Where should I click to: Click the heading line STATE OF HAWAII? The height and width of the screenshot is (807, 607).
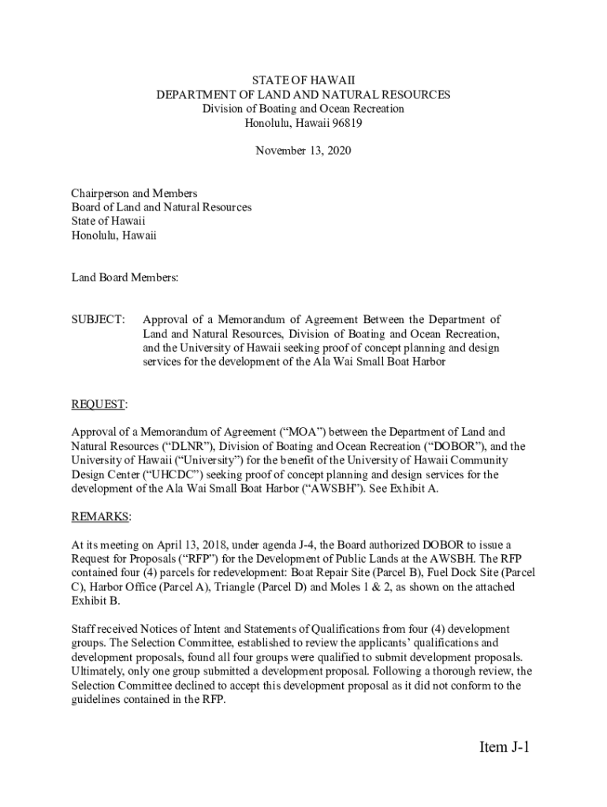coord(303,80)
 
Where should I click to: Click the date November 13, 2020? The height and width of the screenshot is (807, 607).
coord(303,151)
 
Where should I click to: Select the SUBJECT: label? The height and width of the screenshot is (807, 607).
coord(98,319)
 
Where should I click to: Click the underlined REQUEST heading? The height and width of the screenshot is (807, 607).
coord(98,404)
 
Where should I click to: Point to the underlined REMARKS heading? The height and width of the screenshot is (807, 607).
coord(100,516)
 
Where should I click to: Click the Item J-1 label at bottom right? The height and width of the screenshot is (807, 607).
coord(503,747)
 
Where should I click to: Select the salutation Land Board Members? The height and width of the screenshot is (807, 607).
coord(125,277)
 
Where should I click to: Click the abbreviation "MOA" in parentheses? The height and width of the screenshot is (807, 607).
coord(303,432)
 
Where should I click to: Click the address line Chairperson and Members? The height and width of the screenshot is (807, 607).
coord(134,193)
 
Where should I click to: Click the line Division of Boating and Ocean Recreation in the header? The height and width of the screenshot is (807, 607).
coord(303,109)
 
